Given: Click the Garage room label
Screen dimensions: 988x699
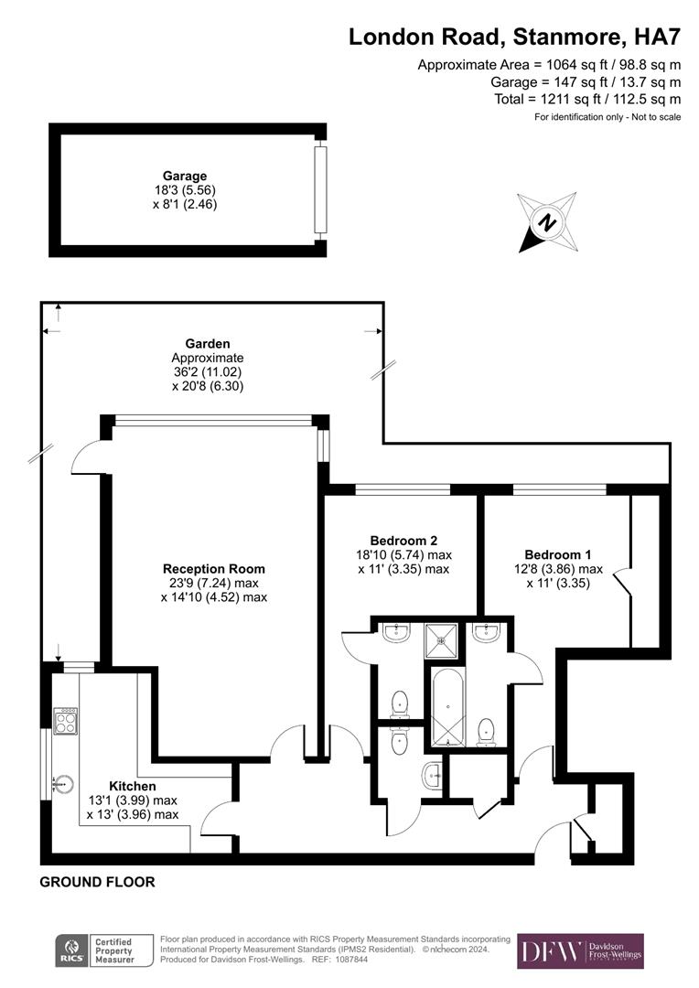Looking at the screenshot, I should pyautogui.click(x=185, y=176).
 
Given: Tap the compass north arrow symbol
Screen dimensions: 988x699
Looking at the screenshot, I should pyautogui.click(x=546, y=221).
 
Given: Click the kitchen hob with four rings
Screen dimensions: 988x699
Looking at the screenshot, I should pyautogui.click(x=66, y=722).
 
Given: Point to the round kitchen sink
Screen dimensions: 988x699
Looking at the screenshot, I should pyautogui.click(x=61, y=783).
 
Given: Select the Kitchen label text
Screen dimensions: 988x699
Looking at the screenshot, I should pyautogui.click(x=133, y=786).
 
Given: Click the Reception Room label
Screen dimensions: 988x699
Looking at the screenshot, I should pyautogui.click(x=214, y=569).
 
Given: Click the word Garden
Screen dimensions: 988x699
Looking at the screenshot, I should pyautogui.click(x=208, y=344).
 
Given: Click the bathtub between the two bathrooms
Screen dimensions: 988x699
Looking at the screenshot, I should pyautogui.click(x=446, y=709).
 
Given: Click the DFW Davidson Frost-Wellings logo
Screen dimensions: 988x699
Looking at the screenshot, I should pyautogui.click(x=580, y=951).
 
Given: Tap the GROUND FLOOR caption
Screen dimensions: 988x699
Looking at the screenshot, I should pyautogui.click(x=97, y=882).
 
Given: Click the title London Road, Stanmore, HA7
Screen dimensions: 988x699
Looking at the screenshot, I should pyautogui.click(x=515, y=37).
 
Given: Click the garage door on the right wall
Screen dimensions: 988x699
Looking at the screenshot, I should pyautogui.click(x=319, y=188).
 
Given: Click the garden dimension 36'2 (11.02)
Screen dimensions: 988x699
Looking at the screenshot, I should pyautogui.click(x=208, y=372).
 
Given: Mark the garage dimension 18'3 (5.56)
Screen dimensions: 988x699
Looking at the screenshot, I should pyautogui.click(x=185, y=190).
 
